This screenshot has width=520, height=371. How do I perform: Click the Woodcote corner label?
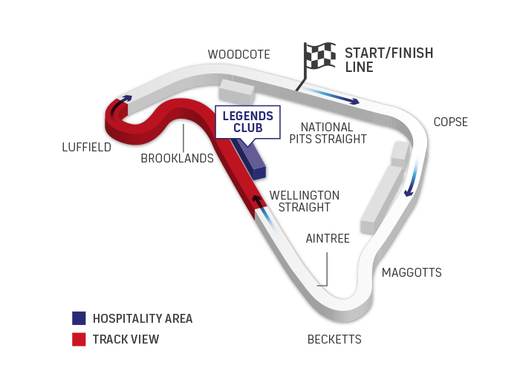click(238, 54)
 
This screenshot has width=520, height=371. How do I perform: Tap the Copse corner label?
click(450, 122)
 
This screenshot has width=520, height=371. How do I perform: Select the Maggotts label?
click(412, 273)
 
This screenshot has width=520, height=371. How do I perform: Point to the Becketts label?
click(334, 340)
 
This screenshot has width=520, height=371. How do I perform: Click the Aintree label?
click(327, 239)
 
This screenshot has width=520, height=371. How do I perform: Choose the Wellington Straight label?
click(305, 201)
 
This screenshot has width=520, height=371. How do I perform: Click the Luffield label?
click(86, 147)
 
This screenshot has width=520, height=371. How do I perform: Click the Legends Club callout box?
click(247, 121)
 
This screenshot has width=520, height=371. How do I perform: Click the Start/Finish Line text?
click(389, 59)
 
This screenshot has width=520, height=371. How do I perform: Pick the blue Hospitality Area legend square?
click(79, 318)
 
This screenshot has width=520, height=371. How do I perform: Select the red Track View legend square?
click(79, 340)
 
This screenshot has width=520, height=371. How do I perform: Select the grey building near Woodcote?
click(235, 91)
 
